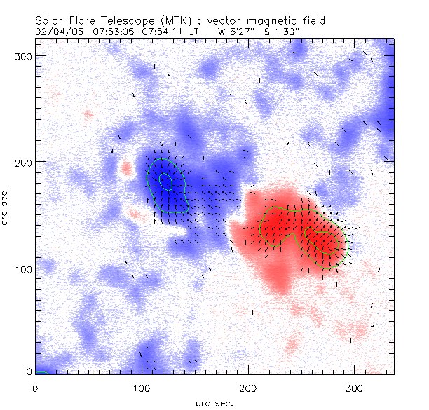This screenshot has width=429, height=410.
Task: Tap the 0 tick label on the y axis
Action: click(x=29, y=371)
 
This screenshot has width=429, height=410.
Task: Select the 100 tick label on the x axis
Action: click(x=142, y=388)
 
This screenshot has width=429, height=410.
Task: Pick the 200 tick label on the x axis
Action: click(x=248, y=388)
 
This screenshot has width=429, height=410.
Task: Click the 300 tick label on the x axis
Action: click(x=355, y=388)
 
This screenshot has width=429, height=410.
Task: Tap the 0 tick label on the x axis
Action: click(x=35, y=388)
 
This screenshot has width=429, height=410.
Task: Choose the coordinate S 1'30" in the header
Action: click(x=278, y=31)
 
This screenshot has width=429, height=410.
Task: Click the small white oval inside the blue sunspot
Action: click(x=165, y=181)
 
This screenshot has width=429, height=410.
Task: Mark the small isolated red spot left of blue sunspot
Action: click(x=126, y=168)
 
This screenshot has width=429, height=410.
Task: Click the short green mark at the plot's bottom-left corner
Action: click(x=41, y=371)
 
